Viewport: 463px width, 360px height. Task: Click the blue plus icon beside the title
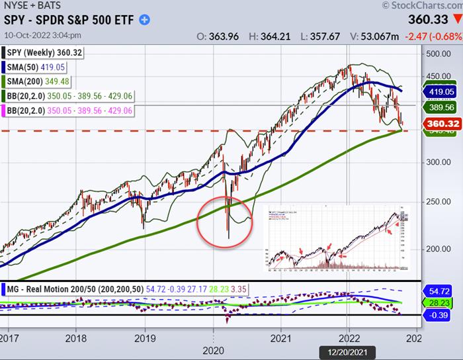point(145,20)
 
